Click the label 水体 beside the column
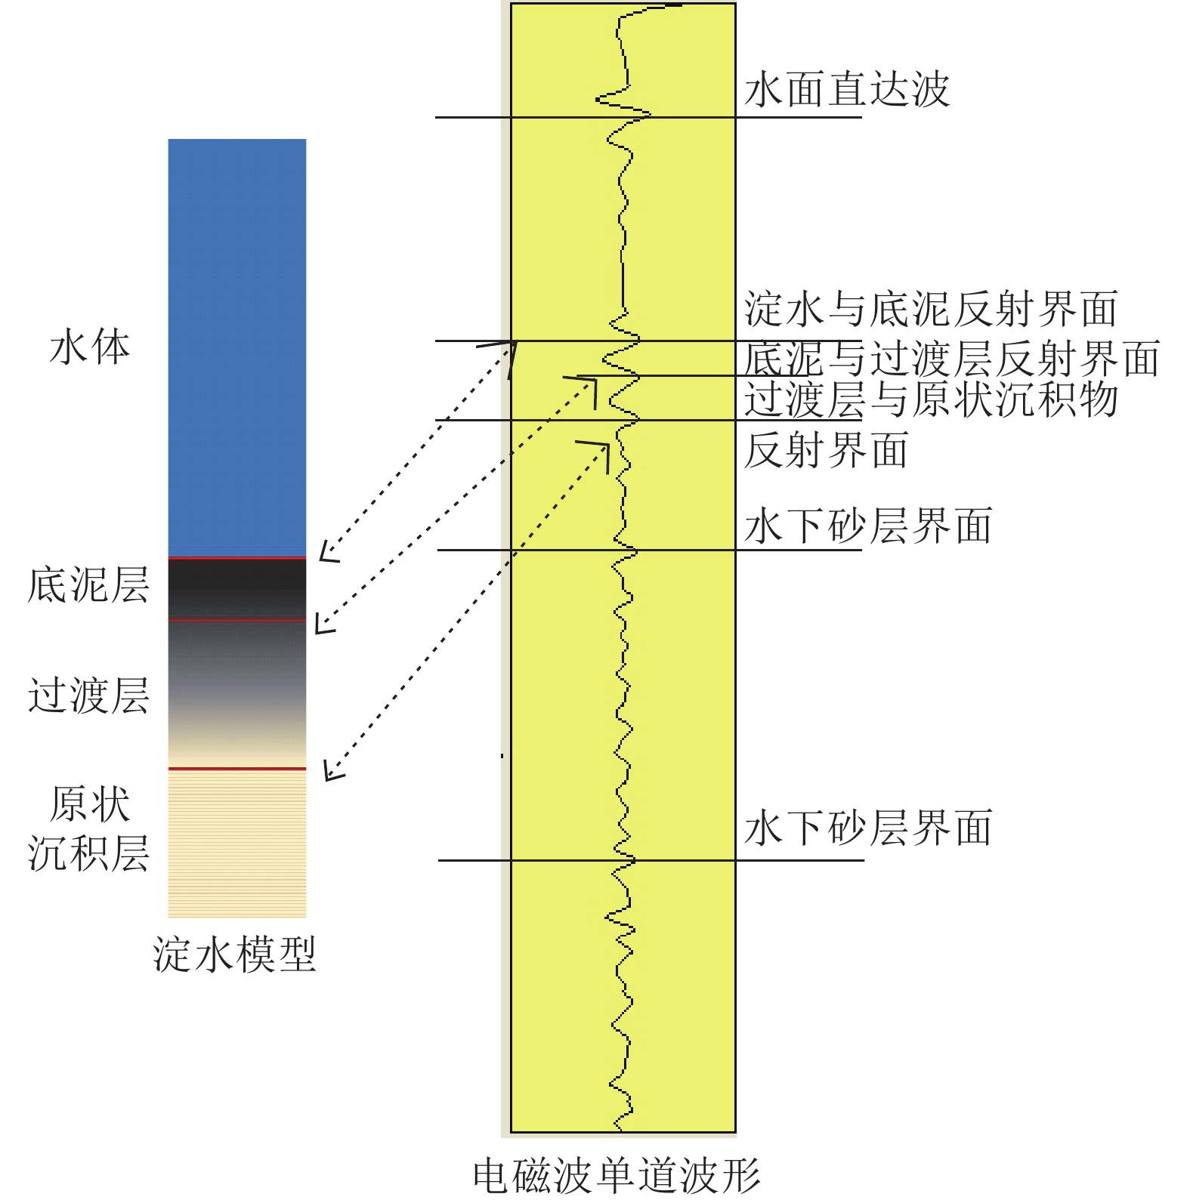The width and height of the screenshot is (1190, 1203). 90,348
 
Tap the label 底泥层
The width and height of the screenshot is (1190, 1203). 88,585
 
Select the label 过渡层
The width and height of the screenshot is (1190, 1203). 88,696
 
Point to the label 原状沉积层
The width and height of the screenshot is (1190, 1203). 88,828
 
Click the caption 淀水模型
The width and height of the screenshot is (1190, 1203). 235,955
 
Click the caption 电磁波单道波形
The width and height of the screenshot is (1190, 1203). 617,1176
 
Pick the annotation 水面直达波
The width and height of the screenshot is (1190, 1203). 847,90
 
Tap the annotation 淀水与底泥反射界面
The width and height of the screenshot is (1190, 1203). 931,309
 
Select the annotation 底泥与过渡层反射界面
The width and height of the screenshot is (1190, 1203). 952,358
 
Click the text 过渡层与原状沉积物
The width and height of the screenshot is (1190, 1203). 931,399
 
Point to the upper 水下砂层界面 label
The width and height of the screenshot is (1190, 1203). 868,526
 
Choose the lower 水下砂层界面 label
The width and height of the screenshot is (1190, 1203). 868,828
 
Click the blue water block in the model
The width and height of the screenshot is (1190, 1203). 237,347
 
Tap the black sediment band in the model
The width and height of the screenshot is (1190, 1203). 237,589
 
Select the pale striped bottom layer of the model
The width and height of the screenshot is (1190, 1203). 237,844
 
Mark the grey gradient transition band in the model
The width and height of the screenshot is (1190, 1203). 237,694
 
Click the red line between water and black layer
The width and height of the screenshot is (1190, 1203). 237,558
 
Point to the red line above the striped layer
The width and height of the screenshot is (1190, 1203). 237,769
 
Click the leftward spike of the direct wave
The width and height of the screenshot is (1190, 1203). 598,98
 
